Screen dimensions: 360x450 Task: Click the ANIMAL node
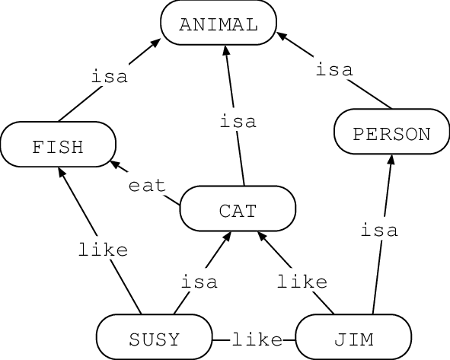219,24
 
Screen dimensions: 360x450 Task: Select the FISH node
58,146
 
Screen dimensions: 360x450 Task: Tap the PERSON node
391,135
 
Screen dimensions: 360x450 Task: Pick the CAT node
237,210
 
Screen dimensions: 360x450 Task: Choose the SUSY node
154,339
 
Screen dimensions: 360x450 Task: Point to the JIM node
353,339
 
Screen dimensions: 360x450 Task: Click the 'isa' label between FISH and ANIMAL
110,77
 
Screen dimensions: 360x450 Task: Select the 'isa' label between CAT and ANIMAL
238,121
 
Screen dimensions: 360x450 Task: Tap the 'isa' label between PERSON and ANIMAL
334,70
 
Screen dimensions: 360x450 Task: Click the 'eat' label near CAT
147,186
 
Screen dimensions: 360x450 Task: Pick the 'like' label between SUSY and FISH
103,249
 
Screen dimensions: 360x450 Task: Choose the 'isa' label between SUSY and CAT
199,282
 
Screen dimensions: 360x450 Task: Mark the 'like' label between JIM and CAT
302,282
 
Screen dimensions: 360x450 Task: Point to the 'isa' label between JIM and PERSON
380,230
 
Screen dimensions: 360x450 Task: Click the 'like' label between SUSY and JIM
257,339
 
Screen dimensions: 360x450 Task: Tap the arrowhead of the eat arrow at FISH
114,163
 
